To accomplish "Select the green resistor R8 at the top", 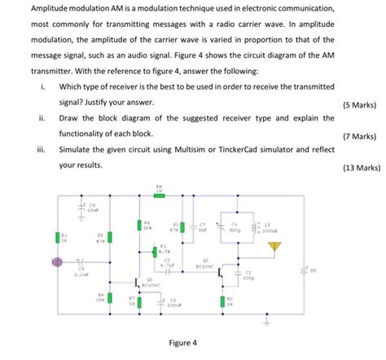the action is tap(159, 195).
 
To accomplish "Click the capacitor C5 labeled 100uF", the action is tap(160, 302).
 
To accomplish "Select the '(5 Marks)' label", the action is tap(359, 105).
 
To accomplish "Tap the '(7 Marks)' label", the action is tap(359, 137).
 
